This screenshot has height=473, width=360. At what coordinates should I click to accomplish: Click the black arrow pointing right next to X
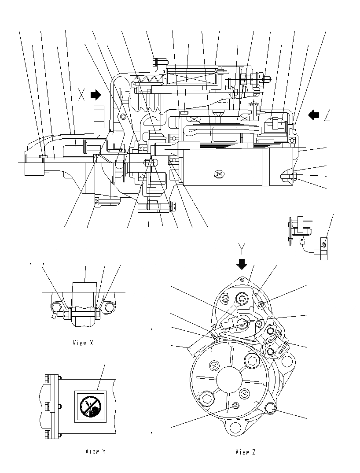point(96,95)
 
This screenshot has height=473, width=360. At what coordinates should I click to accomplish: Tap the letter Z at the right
point(327,115)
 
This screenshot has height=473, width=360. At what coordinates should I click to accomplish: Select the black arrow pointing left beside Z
point(313,115)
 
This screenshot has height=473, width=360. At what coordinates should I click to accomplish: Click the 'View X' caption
point(83,343)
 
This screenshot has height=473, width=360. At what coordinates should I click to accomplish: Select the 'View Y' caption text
point(95,451)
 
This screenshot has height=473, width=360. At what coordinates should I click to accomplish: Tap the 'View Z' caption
point(245,452)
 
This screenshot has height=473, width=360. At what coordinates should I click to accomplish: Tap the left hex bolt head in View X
point(55,307)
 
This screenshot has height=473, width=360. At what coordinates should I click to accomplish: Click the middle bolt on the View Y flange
point(48,405)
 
